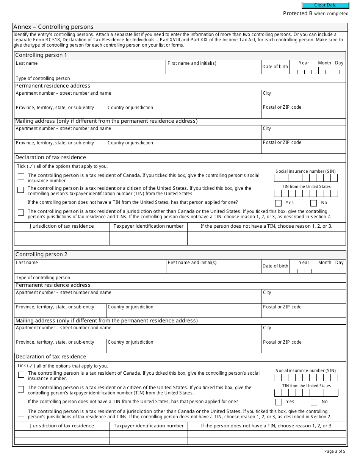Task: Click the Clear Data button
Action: point(325,5)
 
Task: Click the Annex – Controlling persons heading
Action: point(53,27)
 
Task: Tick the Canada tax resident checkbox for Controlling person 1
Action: point(21,177)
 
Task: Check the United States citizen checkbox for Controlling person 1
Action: point(21,190)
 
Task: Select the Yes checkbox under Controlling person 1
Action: point(279,203)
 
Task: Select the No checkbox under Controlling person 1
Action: point(313,203)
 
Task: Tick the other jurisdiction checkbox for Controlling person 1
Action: point(21,213)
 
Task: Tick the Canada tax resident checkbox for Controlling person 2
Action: point(21,375)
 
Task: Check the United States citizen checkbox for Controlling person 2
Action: point(21,389)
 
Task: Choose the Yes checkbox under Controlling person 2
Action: point(279,402)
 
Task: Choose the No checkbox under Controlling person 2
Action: point(314,402)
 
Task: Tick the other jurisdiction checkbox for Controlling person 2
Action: point(21,413)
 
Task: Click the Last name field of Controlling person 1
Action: point(90,69)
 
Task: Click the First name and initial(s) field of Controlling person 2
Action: point(213,269)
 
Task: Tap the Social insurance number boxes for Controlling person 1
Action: point(306,178)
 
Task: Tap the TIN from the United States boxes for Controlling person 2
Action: point(307,393)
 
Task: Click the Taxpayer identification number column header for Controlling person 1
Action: point(149,226)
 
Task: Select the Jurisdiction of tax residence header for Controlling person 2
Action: point(62,426)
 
